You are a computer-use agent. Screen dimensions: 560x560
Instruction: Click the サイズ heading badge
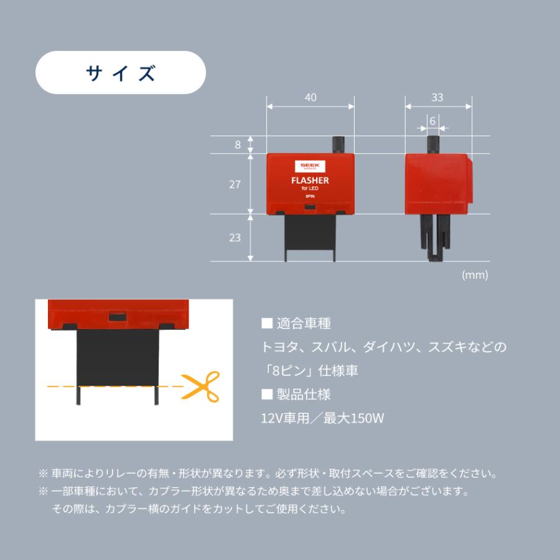[x=121, y=73]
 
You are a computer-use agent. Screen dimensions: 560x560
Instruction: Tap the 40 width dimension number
[x=310, y=98]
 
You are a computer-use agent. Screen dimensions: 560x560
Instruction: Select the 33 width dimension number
[x=437, y=98]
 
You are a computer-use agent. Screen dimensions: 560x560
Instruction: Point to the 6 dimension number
[x=432, y=121]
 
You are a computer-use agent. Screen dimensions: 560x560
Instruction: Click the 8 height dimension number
[x=238, y=144]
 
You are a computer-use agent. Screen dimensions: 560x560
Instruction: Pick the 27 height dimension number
[x=235, y=185]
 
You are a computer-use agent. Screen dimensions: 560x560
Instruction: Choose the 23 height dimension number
[x=235, y=238]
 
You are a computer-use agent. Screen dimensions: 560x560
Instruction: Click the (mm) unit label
[x=475, y=274]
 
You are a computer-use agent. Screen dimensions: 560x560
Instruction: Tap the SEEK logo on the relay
[x=310, y=166]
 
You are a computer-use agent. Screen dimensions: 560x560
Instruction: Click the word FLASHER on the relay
[x=310, y=180]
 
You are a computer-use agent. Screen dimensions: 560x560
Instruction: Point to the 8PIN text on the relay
[x=310, y=197]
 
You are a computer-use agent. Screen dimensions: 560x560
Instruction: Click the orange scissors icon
[x=200, y=387]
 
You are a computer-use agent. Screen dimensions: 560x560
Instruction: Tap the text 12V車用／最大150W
[x=322, y=418]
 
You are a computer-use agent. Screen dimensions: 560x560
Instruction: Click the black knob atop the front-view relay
[x=337, y=144]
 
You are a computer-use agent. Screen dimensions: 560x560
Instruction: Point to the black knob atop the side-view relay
[x=433, y=144]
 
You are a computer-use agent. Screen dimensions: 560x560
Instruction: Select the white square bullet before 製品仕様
[x=267, y=394]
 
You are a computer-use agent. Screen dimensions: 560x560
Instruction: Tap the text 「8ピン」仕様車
[x=309, y=371]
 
